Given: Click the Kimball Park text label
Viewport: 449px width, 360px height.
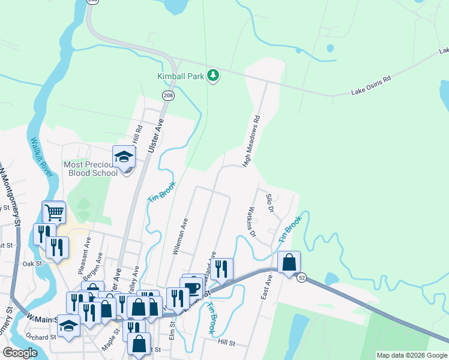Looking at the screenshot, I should (180, 76).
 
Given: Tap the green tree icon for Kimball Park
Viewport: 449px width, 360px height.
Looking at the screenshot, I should (212, 75).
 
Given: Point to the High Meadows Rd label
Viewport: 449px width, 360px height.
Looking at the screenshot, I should (252, 141).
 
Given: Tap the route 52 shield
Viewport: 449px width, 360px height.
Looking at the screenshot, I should (301, 277).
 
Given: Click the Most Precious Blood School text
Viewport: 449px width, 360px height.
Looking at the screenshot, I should (91, 169).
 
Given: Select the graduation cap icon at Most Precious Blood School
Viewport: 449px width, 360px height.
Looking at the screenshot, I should (124, 157).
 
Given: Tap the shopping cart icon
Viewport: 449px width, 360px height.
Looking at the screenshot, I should (54, 212).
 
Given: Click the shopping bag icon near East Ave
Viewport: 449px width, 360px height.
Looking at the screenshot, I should (289, 262).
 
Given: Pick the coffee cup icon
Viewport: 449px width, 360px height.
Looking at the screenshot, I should (191, 287).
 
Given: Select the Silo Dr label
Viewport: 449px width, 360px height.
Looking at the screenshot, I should (270, 203).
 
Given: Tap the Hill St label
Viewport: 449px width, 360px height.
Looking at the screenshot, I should (226, 343).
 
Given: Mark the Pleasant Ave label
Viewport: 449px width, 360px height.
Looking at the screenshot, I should (88, 251).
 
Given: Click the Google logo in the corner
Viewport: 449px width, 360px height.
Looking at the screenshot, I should (20, 353).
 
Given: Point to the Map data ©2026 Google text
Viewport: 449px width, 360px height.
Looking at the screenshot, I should (411, 355).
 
